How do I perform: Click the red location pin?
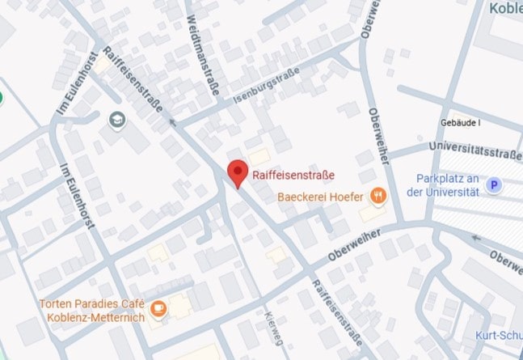pos(236,172)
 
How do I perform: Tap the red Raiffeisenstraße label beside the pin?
pos(293,175)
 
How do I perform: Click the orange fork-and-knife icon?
pos(377,195)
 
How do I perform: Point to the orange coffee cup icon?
pos(159,308)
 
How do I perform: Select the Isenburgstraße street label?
pos(266,87)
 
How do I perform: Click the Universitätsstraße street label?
pos(475,149)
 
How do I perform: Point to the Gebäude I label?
pos(461,123)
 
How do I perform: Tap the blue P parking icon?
pos(495,185)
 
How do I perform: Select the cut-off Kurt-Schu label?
pos(499,336)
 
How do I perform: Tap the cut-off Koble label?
pos(505,7)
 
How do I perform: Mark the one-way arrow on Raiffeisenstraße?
pos(171,123)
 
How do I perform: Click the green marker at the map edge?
pos(2,98)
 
